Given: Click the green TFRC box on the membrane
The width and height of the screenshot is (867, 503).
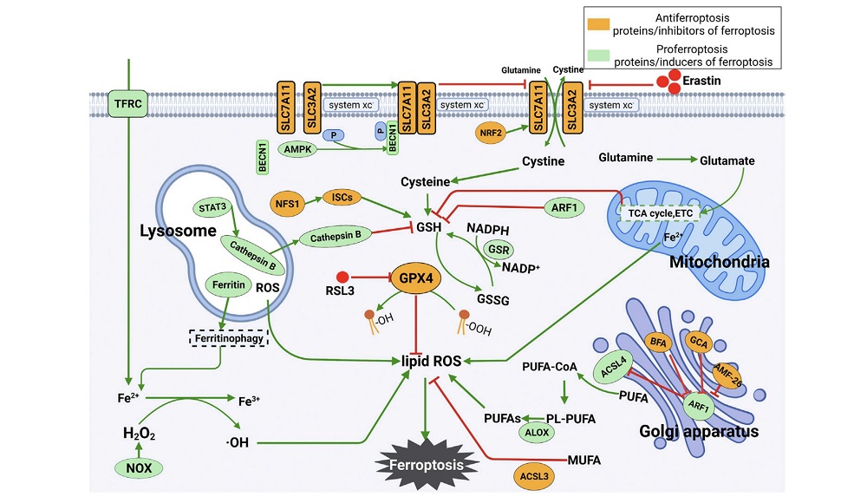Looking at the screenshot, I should (127, 105).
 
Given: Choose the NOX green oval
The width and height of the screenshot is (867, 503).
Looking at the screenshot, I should (140, 467).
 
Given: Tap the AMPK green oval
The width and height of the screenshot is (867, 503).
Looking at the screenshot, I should (299, 149).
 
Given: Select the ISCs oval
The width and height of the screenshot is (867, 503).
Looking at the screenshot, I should (344, 199).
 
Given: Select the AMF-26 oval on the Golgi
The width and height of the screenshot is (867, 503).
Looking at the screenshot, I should (727, 374).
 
